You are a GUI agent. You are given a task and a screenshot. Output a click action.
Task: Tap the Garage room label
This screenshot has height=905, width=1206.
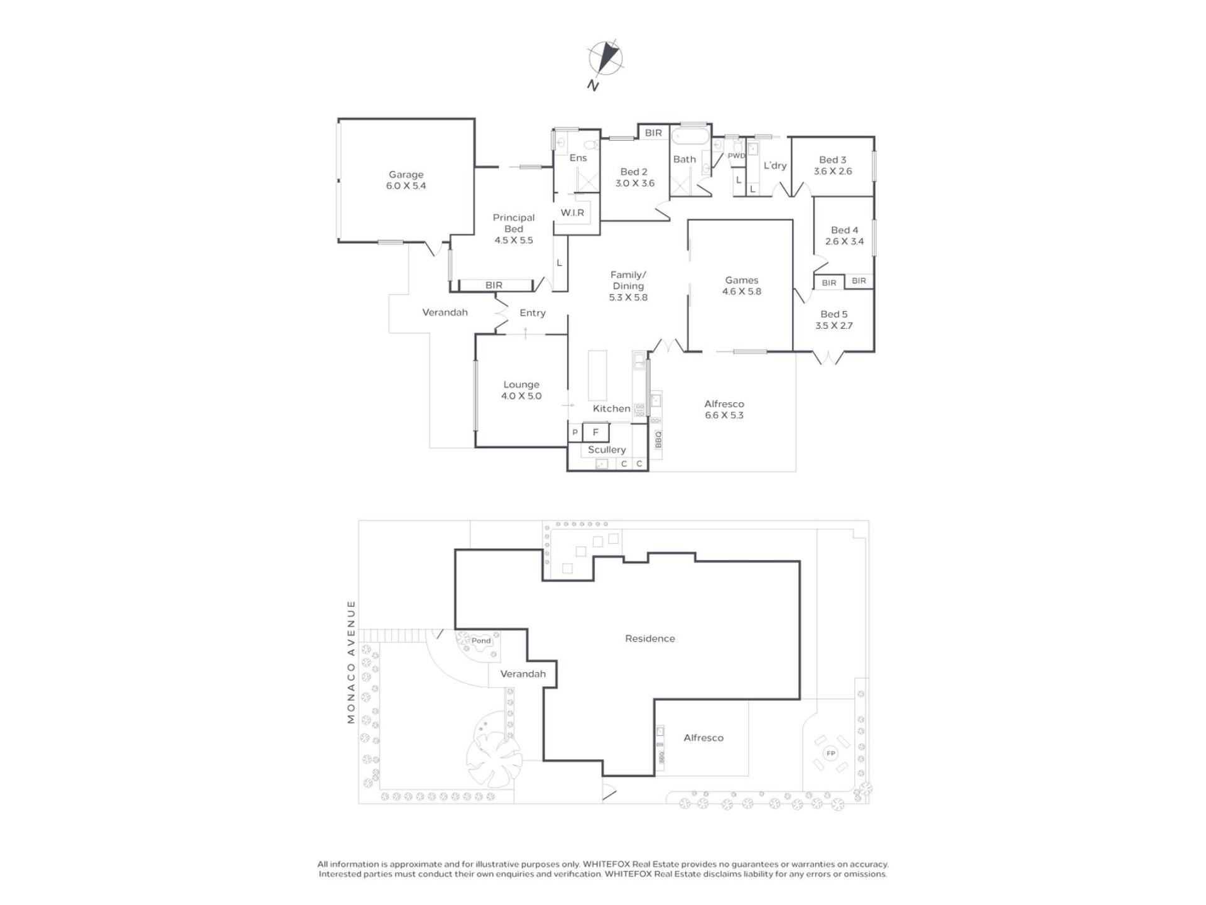(x=406, y=175)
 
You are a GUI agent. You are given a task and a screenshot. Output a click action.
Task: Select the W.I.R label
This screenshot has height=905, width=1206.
(x=572, y=213)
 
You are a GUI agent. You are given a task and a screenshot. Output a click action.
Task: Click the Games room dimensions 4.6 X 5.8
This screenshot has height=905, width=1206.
(x=741, y=292)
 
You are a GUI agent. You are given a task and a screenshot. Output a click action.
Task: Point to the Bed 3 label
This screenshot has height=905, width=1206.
(x=832, y=160)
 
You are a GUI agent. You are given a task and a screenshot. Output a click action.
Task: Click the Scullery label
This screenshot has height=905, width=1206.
(x=607, y=450)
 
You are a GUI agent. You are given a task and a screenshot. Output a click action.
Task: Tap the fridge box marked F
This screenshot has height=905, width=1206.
(x=595, y=432)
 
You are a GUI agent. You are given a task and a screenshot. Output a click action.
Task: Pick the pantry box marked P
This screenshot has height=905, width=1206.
(x=575, y=432)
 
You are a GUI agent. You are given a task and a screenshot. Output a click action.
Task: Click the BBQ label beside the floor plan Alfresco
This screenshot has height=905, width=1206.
(x=658, y=439)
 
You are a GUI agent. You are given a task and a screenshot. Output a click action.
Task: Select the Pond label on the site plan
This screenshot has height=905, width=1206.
(x=481, y=641)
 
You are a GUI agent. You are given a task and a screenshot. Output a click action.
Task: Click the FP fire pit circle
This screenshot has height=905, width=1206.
(x=830, y=754)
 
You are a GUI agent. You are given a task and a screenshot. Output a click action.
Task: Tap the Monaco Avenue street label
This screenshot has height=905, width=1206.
(x=351, y=662)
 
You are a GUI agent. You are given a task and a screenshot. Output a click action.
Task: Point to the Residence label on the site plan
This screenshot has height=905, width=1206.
(x=650, y=639)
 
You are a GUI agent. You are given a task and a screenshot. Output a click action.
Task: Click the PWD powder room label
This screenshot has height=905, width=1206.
(x=736, y=156)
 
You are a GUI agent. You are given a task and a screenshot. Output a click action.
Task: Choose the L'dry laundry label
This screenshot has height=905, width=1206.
(x=775, y=165)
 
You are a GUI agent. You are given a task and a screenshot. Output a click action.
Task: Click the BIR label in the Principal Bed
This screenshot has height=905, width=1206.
(x=494, y=285)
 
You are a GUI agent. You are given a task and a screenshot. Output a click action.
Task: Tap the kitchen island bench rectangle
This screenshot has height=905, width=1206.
(x=597, y=376)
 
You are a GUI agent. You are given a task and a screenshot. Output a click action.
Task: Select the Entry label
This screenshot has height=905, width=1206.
(x=533, y=313)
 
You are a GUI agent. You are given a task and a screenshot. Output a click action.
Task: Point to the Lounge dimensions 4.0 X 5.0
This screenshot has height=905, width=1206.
(x=521, y=396)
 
